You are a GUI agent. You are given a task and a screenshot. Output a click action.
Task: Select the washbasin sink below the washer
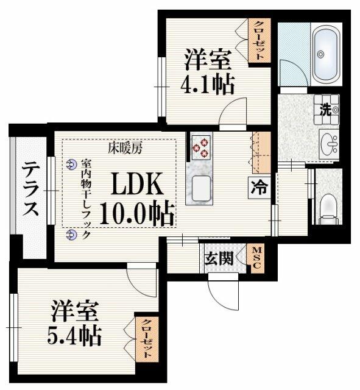[330, 144]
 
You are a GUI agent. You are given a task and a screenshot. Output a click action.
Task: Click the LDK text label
[135, 183]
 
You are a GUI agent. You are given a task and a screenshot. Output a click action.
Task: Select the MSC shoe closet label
[257, 258]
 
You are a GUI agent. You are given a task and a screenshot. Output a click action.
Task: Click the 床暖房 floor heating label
[125, 147]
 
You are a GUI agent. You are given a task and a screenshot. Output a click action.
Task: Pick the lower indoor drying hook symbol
[71, 233]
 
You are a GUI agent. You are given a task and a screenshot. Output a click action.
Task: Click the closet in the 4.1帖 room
[259, 39]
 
